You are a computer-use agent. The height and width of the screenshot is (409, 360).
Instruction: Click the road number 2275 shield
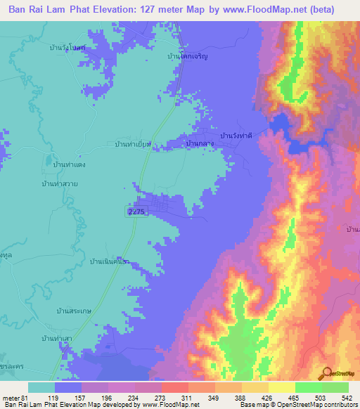138,212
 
